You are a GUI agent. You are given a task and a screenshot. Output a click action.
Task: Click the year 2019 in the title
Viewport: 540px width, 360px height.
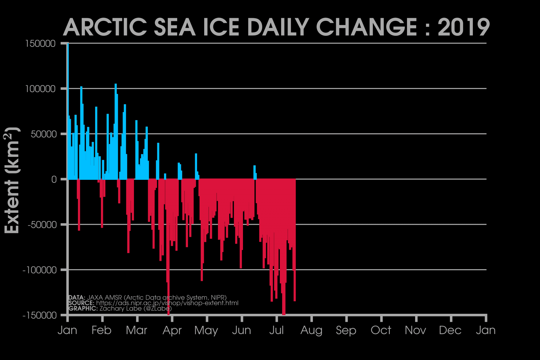(x=463, y=27)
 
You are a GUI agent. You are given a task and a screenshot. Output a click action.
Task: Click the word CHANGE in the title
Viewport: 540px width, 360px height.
(x=366, y=27)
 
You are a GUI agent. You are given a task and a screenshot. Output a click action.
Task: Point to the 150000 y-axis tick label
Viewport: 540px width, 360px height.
(x=40, y=44)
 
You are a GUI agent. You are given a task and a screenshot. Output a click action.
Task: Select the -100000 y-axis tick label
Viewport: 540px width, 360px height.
(x=39, y=270)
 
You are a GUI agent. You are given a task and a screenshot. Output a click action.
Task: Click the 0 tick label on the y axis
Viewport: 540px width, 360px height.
(x=54, y=179)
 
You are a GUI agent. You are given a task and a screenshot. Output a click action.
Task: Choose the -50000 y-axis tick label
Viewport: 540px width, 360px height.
(x=42, y=225)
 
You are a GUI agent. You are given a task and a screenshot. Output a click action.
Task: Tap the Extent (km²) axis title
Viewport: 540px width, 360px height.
(x=12, y=181)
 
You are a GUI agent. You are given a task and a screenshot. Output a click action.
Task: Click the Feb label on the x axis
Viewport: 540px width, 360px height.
(x=101, y=330)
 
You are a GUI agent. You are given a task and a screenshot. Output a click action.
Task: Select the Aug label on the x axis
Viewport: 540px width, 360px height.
(x=311, y=330)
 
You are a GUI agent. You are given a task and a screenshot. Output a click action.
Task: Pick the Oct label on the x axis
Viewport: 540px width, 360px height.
(x=381, y=330)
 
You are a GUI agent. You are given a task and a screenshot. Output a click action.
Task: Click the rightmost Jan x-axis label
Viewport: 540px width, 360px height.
(x=486, y=330)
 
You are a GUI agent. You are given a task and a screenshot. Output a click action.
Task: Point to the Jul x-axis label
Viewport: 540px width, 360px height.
(x=276, y=330)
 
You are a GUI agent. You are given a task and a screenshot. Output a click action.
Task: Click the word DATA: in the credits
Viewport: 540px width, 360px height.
(x=77, y=298)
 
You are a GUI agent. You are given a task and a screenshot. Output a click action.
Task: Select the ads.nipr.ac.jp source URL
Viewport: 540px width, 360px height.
(x=167, y=303)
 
